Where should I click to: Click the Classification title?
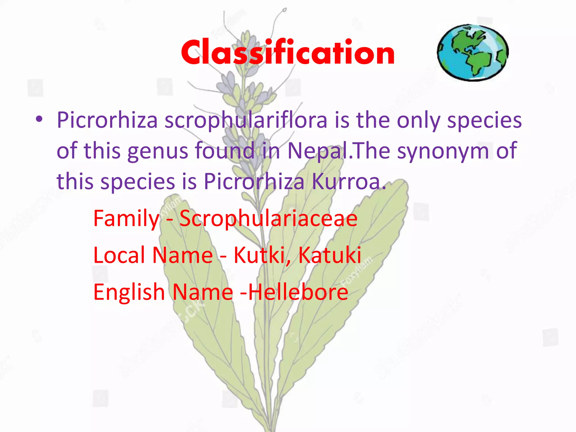coord(288,52)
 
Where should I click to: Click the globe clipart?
coord(473,53)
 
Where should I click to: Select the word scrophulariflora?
coord(246,120)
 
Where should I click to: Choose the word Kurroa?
coord(349,181)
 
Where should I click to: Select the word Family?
coord(126,219)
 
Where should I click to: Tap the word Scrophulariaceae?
coord(268,219)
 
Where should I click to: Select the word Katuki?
coord(330,255)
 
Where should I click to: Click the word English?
coord(129,292)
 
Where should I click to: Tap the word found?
coord(225,151)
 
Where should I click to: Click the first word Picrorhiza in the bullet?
coord(107,120)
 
